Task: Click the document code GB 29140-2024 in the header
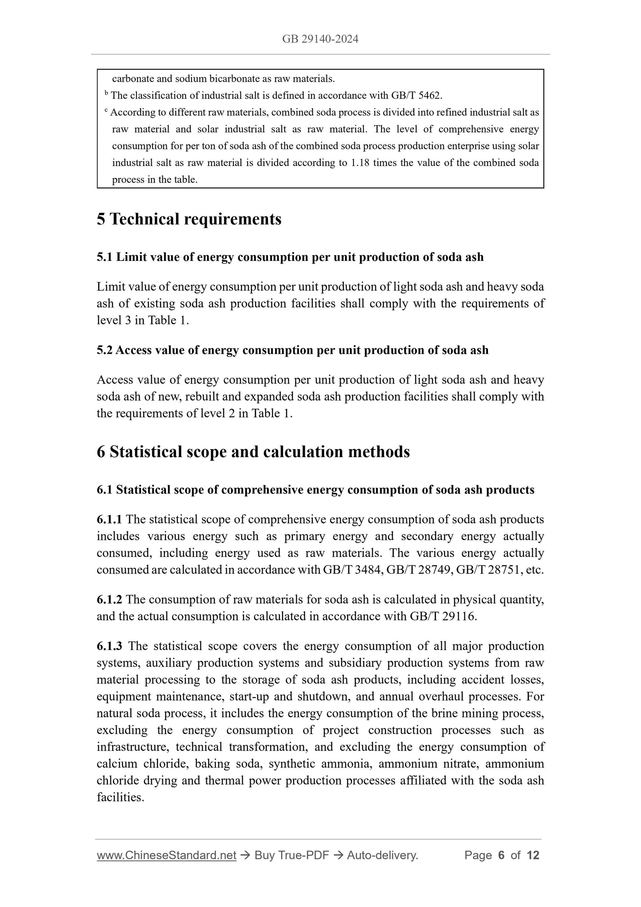320,39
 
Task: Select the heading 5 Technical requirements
189,219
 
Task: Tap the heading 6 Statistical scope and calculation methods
253,452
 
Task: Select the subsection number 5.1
105,257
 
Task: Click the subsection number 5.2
105,351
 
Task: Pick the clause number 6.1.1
110,520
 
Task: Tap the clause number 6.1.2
110,600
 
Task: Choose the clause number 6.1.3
110,647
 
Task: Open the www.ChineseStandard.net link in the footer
166,856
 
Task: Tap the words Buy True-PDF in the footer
291,856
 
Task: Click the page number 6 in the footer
501,856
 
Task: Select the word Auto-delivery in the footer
381,856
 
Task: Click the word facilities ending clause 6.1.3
120,797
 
